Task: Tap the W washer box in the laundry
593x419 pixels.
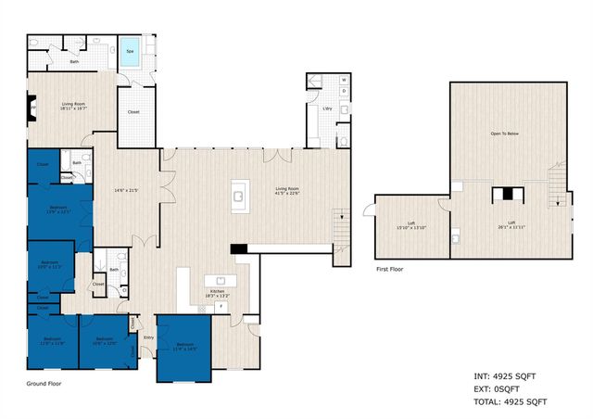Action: (344, 80)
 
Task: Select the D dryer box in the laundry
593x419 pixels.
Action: (344, 92)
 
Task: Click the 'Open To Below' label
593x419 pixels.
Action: (504, 133)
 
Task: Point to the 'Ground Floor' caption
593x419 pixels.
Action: (44, 382)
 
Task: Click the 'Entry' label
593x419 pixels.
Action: (148, 337)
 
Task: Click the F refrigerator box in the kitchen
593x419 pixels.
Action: (220, 306)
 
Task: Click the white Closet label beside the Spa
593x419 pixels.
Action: (134, 115)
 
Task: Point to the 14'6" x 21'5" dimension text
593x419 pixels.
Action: (126, 191)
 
